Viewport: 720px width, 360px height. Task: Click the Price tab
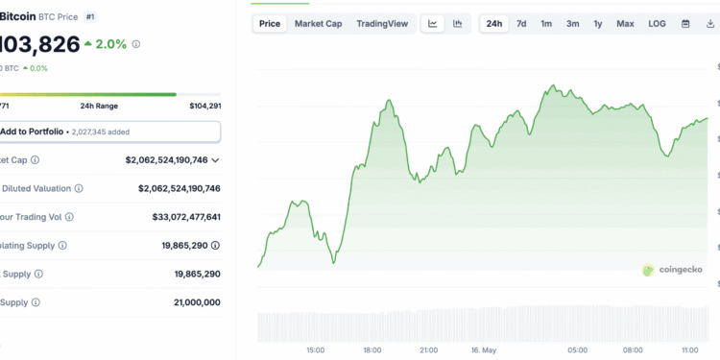(271, 23)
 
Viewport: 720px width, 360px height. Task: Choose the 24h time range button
(493, 23)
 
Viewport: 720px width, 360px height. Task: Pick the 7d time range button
(521, 23)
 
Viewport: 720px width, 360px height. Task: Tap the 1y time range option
(598, 23)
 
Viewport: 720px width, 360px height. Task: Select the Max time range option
(625, 23)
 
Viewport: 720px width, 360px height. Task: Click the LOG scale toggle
(657, 23)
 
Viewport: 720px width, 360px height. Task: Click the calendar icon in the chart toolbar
(685, 23)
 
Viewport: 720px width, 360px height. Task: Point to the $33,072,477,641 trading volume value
(186, 217)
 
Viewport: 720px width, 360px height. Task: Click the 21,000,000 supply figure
(192, 302)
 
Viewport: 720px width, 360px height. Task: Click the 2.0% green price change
(106, 44)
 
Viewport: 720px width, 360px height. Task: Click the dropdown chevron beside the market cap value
(215, 160)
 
